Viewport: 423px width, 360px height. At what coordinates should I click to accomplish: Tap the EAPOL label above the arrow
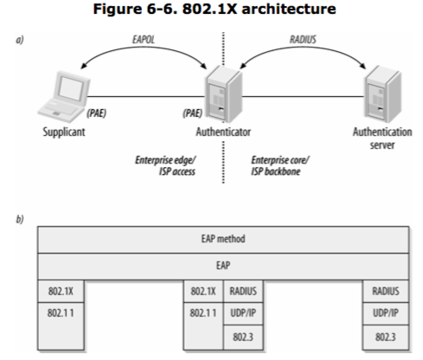point(144,40)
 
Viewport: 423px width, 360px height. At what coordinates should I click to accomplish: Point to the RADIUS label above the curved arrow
point(303,40)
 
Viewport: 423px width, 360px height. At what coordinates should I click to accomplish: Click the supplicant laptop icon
point(64,96)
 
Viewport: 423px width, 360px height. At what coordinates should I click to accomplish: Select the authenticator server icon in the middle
point(224,93)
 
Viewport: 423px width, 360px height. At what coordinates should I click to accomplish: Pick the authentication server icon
point(383,93)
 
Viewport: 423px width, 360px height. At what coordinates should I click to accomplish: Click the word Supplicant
point(64,132)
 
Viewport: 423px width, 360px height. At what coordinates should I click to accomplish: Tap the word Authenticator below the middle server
point(223,132)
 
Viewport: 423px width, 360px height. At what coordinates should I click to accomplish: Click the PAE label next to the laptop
point(97,113)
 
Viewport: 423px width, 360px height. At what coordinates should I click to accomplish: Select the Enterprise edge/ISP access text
point(165,165)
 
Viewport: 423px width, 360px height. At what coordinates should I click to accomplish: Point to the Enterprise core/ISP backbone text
point(280,165)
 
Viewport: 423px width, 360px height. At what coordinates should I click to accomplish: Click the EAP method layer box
point(223,240)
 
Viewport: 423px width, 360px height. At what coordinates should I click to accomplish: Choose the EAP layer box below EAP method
point(223,267)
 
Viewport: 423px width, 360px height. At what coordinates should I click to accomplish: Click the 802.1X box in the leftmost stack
point(61,292)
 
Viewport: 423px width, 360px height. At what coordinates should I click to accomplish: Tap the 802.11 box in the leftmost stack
point(61,326)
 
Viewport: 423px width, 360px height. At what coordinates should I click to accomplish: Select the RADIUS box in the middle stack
point(243,292)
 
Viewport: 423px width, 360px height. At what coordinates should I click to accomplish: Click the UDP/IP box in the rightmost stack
point(386,313)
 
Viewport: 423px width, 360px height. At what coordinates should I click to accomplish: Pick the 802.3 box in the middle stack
point(243,337)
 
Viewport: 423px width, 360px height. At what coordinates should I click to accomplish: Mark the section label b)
point(20,220)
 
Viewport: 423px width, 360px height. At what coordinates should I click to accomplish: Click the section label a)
point(20,40)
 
